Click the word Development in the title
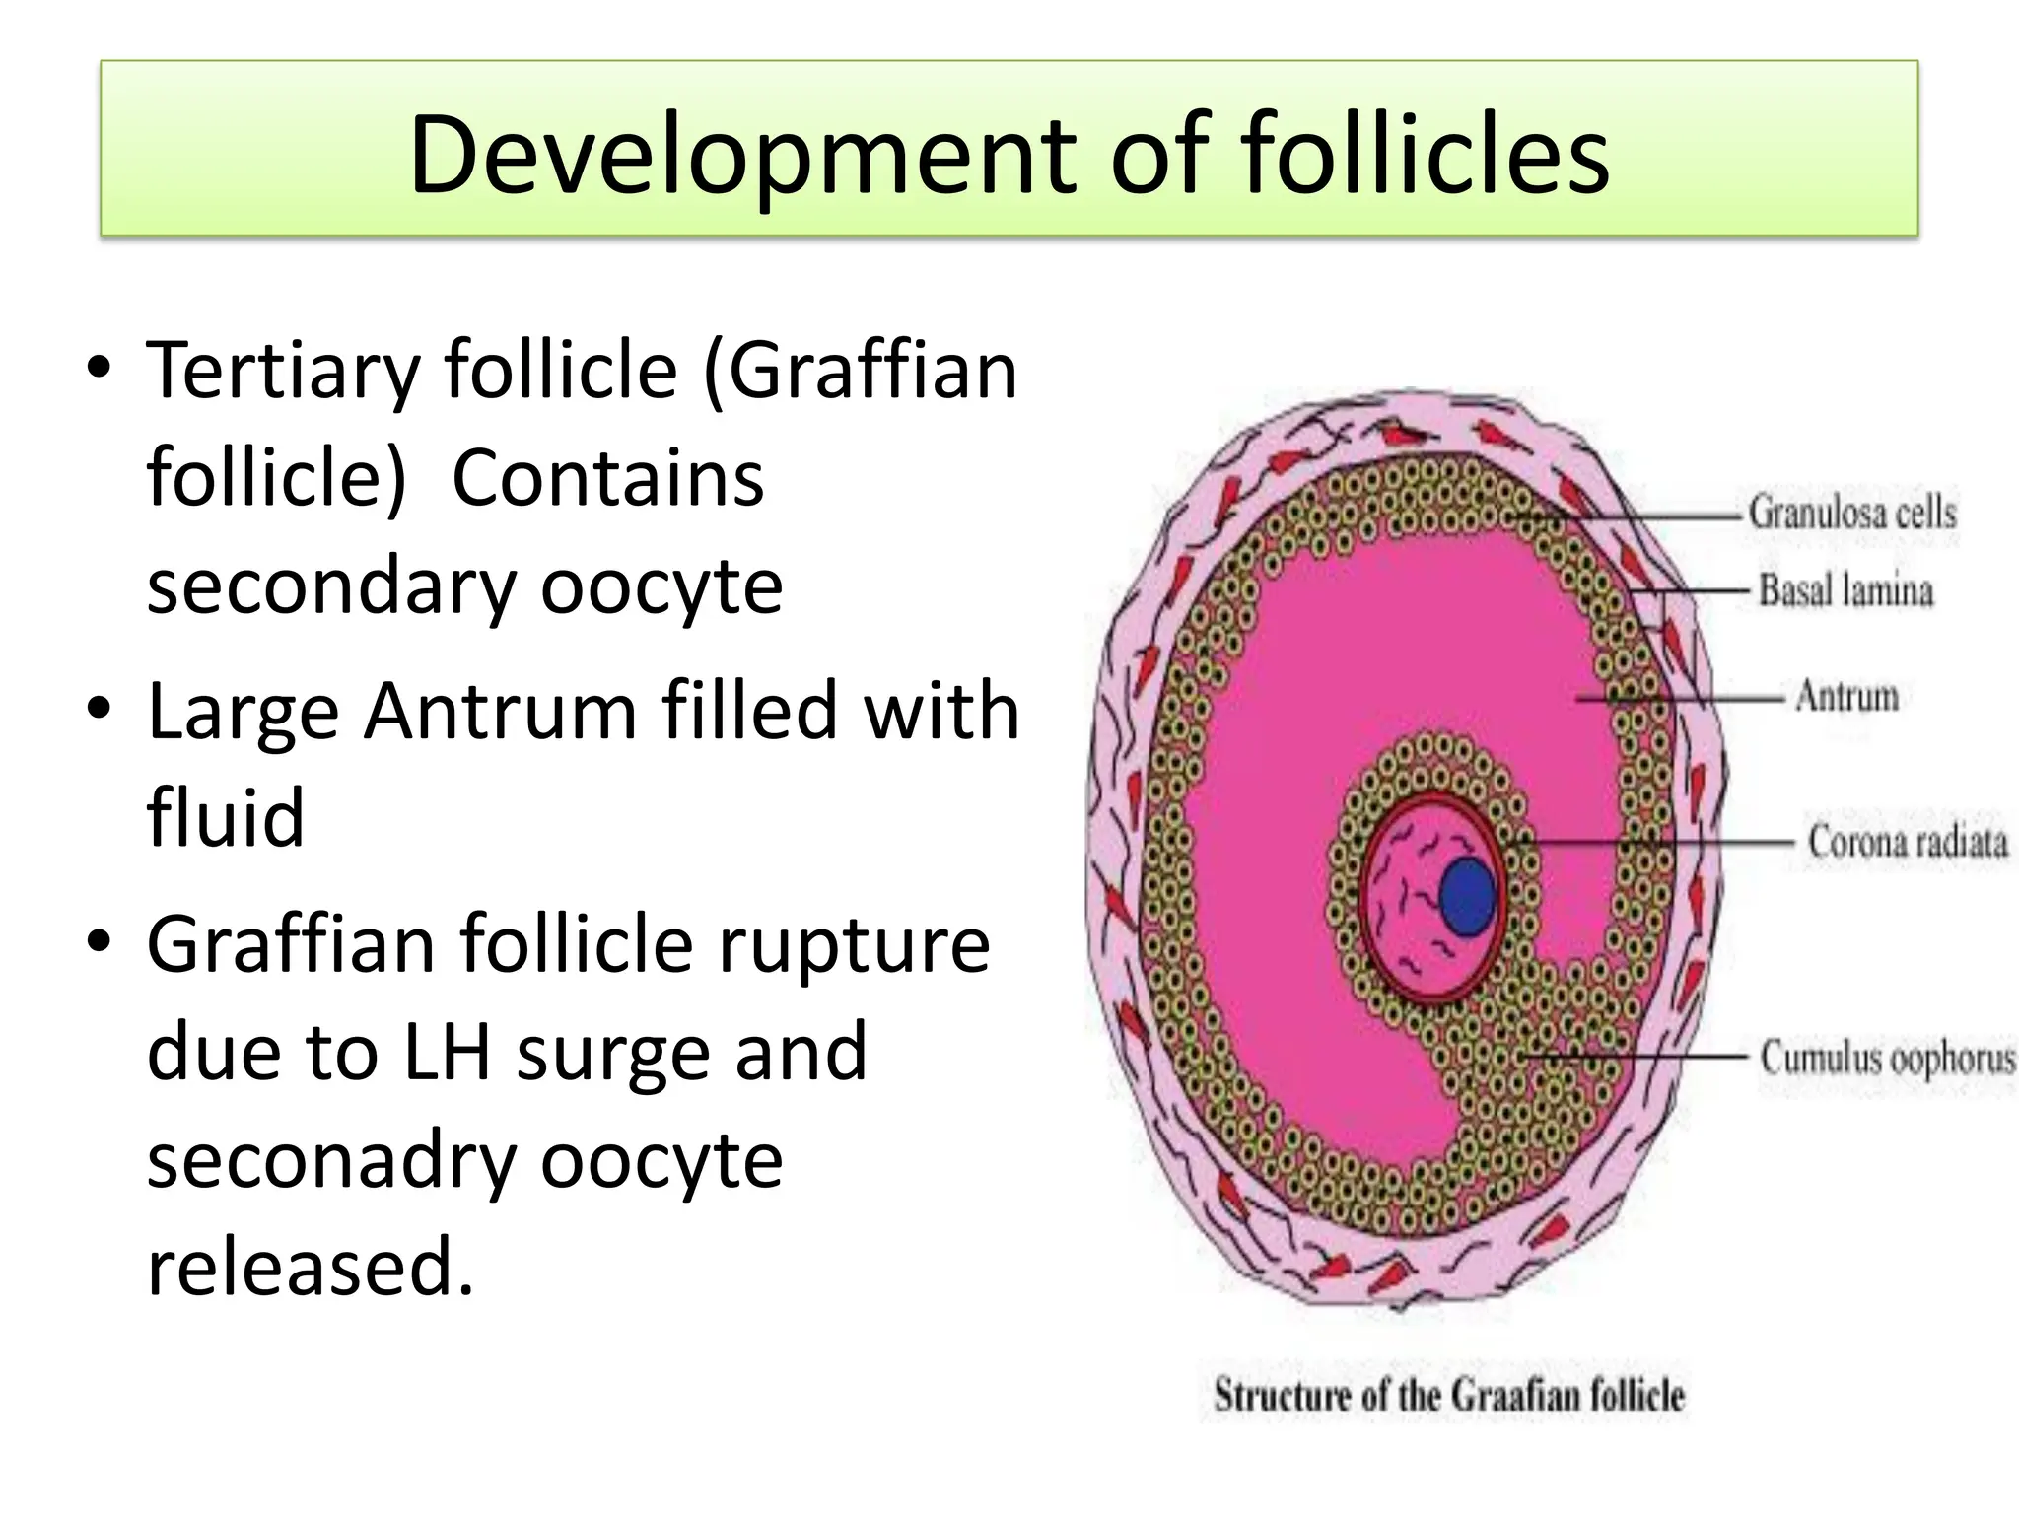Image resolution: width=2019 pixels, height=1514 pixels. [740, 156]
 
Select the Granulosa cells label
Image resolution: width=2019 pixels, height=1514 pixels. [1851, 514]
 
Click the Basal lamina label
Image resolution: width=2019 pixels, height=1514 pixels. [1845, 591]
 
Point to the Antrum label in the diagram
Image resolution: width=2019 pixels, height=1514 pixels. [1846, 696]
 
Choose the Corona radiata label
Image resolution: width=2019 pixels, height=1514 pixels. [1907, 843]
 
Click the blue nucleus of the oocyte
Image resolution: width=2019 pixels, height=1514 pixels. [1468, 895]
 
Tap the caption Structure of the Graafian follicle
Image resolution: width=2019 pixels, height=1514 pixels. [1448, 1396]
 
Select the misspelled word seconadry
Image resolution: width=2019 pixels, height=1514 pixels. [330, 1160]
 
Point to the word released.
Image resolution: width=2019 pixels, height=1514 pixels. [309, 1268]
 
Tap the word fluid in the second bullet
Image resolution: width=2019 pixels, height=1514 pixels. [225, 818]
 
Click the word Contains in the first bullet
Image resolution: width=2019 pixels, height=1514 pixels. [607, 479]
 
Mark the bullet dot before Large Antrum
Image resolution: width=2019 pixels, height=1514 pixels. [100, 708]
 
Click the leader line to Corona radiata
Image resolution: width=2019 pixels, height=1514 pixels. [1656, 844]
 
